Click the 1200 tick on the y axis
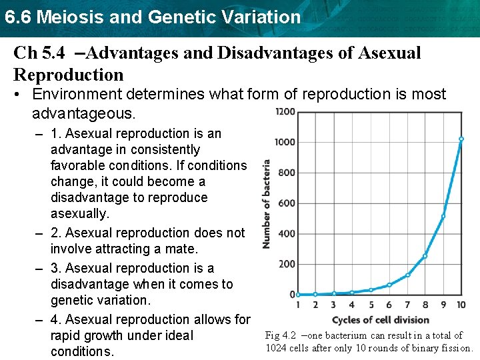(285, 111)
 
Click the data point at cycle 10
(461, 139)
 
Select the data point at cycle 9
(443, 216)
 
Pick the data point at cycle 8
(425, 256)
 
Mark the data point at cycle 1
(298, 294)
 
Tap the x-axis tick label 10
(461, 305)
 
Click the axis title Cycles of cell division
(380, 320)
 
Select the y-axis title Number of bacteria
(267, 203)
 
